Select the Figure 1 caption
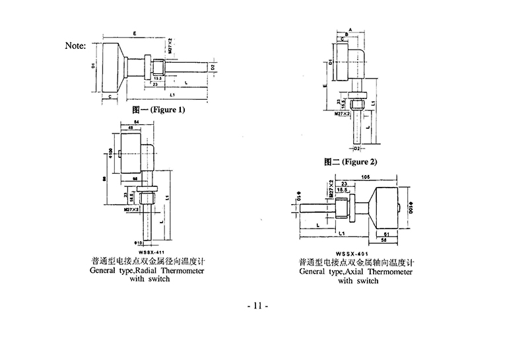(158, 110)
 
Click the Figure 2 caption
(350, 161)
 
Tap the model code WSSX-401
(351, 252)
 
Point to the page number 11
(257, 306)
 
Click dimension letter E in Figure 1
(135, 32)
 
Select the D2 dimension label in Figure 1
(212, 67)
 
